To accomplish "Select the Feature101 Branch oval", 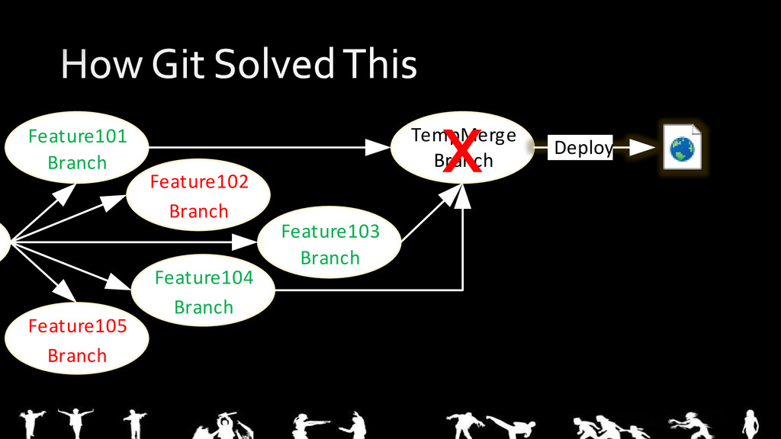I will (77, 149).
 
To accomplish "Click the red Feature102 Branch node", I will (198, 196).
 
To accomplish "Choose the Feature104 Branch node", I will (204, 292).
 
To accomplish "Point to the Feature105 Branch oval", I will (77, 341).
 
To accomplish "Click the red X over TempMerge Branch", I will (463, 151).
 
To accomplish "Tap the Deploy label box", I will (583, 147).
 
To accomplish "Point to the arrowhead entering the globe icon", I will (644, 147).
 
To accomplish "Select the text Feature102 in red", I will (199, 182).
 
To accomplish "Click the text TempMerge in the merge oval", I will (463, 135).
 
